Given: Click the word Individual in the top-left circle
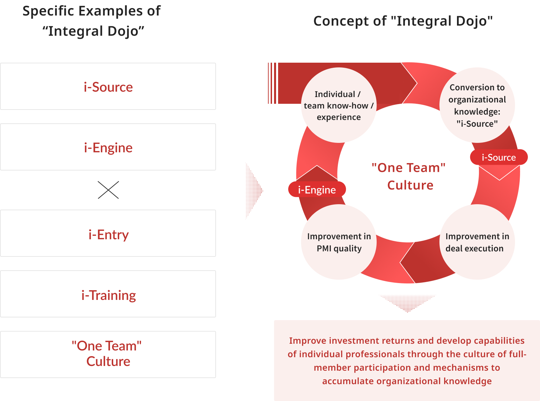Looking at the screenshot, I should [x=335, y=94].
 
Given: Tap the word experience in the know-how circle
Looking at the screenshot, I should [x=339, y=117].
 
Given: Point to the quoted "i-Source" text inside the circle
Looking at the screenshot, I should [x=477, y=124].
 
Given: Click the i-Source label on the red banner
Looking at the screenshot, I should [x=498, y=158].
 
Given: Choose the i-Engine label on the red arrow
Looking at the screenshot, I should [x=317, y=190].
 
